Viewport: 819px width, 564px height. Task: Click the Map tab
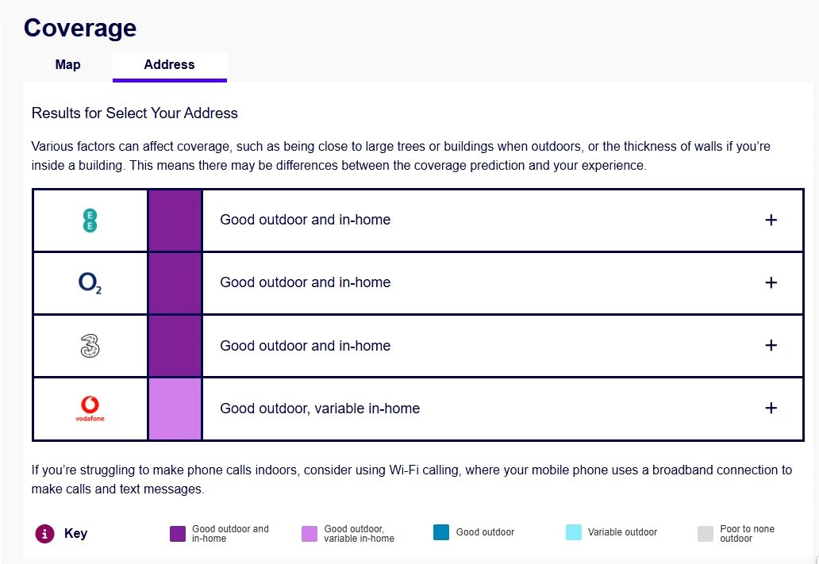[x=67, y=65]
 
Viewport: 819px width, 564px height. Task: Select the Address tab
[x=169, y=65]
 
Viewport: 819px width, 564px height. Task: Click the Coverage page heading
[x=80, y=28]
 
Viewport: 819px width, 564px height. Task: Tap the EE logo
[x=90, y=221]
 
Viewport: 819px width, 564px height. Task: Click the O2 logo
[x=90, y=283]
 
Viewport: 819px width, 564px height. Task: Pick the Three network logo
[x=90, y=346]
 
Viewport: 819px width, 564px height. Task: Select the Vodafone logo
[x=90, y=409]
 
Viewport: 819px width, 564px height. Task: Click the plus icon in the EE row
[x=771, y=220]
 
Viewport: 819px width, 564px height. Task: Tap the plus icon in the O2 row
[x=771, y=282]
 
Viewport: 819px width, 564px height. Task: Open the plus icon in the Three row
[x=771, y=345]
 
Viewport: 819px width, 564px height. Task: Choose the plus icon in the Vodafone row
[x=771, y=408]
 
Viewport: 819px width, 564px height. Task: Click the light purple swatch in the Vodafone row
[x=175, y=409]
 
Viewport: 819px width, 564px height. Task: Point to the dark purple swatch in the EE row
[x=175, y=221]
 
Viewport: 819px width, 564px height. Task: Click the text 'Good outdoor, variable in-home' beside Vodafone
[x=320, y=409]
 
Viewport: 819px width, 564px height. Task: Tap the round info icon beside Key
[x=44, y=534]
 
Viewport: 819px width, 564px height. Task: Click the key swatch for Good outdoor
[x=441, y=533]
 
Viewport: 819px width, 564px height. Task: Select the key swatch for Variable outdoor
[x=574, y=533]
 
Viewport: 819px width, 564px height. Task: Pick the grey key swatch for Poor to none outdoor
[x=706, y=533]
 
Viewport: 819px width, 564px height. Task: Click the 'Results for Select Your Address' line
[x=135, y=113]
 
